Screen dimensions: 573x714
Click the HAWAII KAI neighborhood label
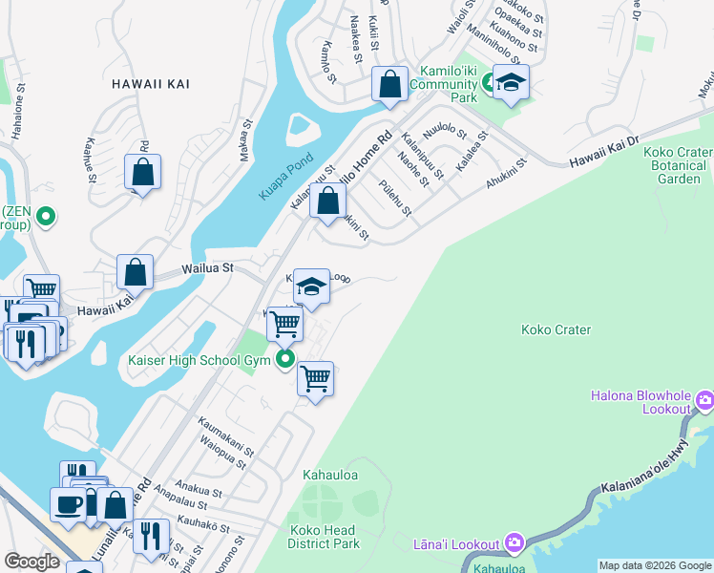pyautogui.click(x=150, y=84)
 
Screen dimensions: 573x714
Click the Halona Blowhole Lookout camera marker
pyautogui.click(x=705, y=398)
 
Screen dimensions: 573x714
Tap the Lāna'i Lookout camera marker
pyautogui.click(x=514, y=542)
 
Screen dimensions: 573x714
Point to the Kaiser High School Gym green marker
pyautogui.click(x=284, y=360)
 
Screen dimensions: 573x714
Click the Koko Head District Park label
pyautogui.click(x=324, y=536)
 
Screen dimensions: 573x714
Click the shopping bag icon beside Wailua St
pyautogui.click(x=136, y=271)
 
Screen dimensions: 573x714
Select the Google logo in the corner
pyautogui.click(x=31, y=562)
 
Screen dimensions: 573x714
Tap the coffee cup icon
pyautogui.click(x=69, y=503)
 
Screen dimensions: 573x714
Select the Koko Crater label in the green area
pyautogui.click(x=556, y=330)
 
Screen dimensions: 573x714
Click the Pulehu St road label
pyautogui.click(x=394, y=198)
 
